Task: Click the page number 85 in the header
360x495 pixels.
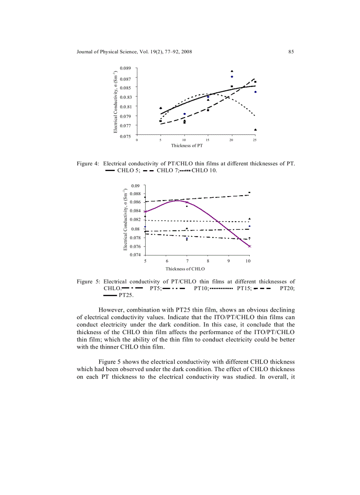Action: coord(291,52)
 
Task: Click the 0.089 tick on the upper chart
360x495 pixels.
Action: coord(127,69)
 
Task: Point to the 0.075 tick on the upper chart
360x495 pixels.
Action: coord(127,136)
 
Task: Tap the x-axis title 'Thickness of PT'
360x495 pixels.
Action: coord(187,145)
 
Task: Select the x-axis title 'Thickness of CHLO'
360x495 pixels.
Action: coord(185,268)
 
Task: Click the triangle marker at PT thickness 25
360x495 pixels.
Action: coord(255,130)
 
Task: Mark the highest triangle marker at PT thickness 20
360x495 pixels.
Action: coord(232,71)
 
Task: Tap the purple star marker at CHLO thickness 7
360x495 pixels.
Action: coord(187,202)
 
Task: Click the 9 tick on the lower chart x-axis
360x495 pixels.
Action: coord(229,261)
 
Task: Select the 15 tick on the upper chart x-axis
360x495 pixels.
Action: coord(207,140)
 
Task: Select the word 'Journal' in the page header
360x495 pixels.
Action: coord(85,52)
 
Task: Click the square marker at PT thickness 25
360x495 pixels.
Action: coord(255,82)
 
